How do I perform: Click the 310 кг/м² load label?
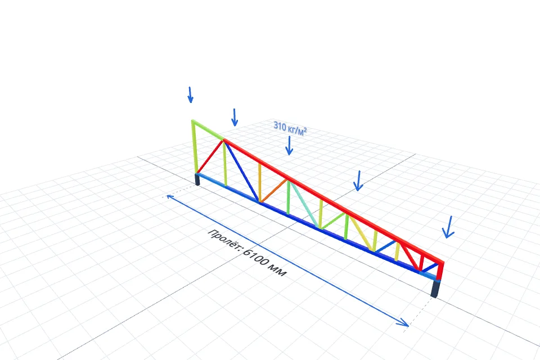click(x=290, y=128)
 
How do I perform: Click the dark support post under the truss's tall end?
click(x=197, y=179)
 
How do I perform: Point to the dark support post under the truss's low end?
click(x=435, y=289)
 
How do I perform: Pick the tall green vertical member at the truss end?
click(x=195, y=147)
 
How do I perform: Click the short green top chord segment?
click(x=208, y=130)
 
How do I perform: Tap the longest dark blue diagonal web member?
click(x=241, y=170)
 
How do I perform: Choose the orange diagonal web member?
click(x=273, y=190)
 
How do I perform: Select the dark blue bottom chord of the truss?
click(x=317, y=226)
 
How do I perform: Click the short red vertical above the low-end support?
click(x=440, y=271)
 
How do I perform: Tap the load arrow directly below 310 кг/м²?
click(x=289, y=145)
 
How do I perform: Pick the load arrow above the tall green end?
click(x=190, y=94)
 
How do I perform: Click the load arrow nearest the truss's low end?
click(x=448, y=227)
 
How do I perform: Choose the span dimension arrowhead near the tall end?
click(x=170, y=197)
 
